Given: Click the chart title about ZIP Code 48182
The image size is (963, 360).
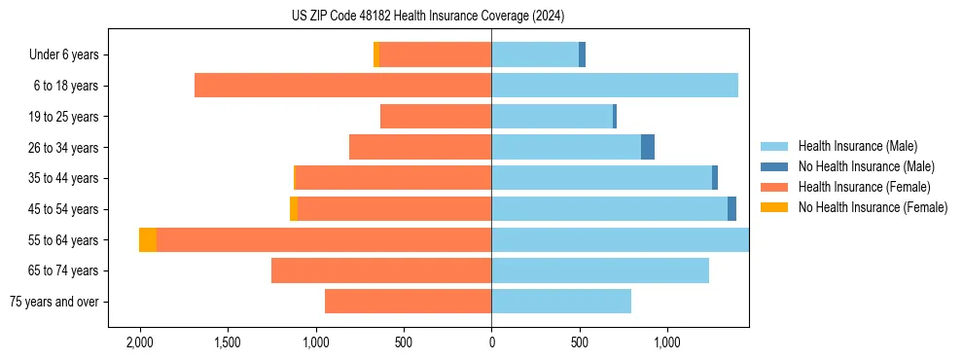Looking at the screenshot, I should pyautogui.click(x=428, y=17).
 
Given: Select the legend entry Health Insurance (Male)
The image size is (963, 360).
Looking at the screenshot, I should pyautogui.click(x=857, y=146).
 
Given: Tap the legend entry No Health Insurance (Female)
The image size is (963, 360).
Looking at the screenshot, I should pyautogui.click(x=873, y=207).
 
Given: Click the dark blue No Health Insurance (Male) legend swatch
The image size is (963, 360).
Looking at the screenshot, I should pyautogui.click(x=774, y=166).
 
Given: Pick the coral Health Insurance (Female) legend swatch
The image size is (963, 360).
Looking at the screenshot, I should pyautogui.click(x=774, y=187).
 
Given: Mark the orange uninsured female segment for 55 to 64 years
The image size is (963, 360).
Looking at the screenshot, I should pyautogui.click(x=148, y=240).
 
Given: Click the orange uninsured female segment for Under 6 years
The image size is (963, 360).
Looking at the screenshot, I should pyautogui.click(x=376, y=55).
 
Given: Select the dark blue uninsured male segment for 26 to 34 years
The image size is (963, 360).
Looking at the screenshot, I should pyautogui.click(x=648, y=147).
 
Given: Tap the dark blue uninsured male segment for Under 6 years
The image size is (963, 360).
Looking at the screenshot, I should pyautogui.click(x=582, y=55).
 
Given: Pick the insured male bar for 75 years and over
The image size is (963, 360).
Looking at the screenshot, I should pyautogui.click(x=561, y=302).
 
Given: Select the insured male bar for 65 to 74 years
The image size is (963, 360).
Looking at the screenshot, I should pyautogui.click(x=600, y=270).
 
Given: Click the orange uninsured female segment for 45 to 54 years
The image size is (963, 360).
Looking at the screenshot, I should pyautogui.click(x=294, y=209).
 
